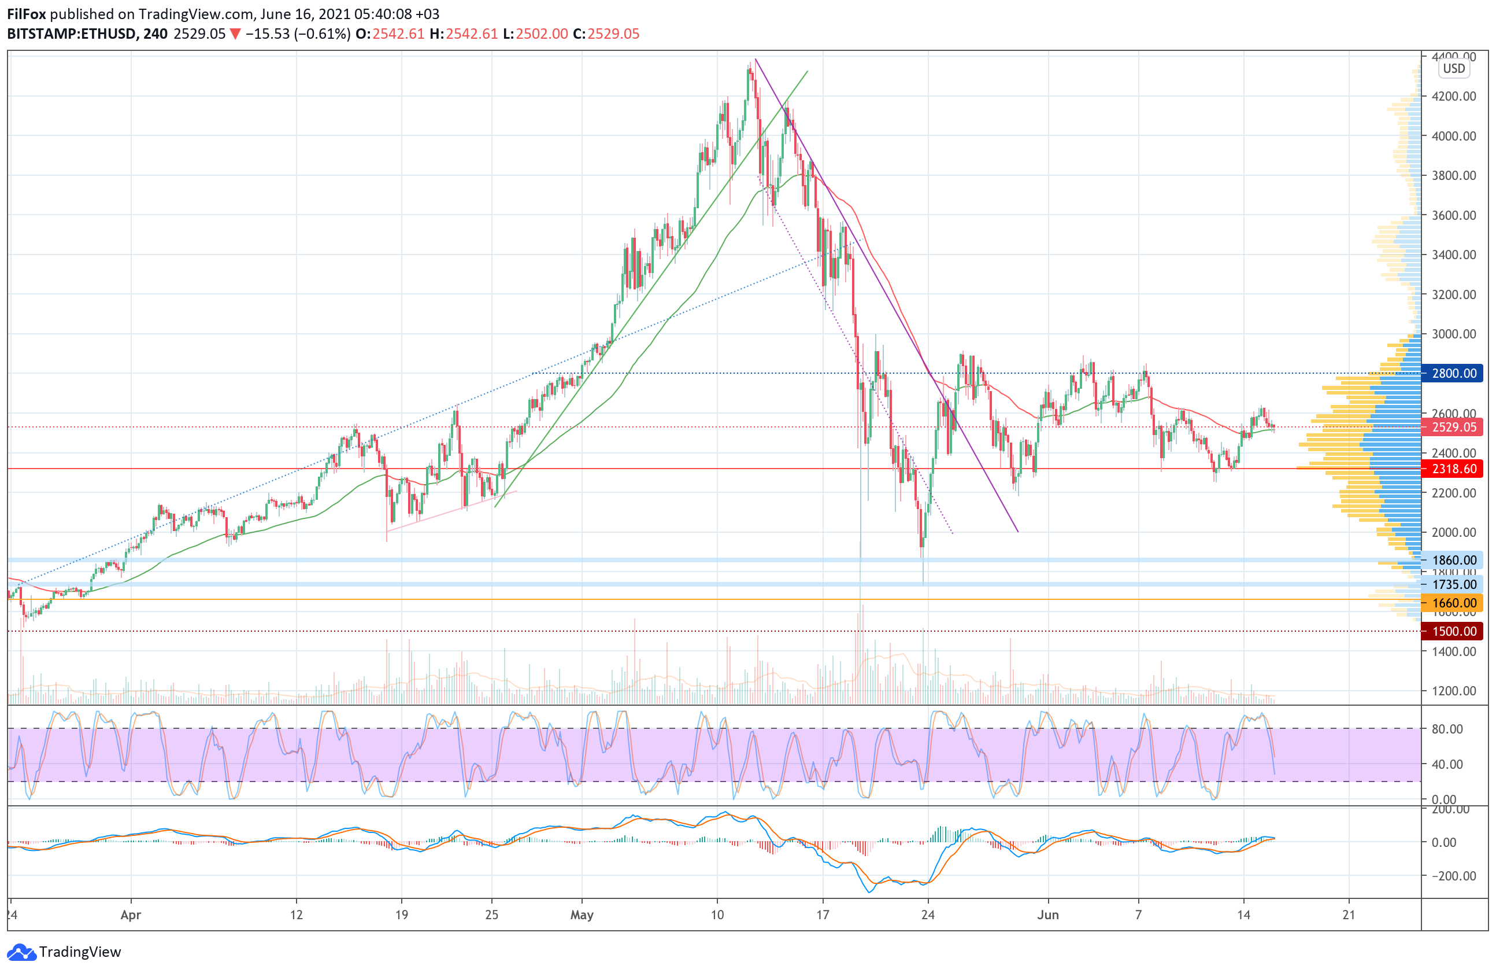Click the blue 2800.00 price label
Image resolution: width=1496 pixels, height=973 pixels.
[x=1453, y=373]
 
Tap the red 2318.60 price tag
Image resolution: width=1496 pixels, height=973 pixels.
[x=1453, y=469]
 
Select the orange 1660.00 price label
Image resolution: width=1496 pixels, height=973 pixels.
[x=1453, y=603]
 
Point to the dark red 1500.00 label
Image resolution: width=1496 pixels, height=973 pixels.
[x=1453, y=631]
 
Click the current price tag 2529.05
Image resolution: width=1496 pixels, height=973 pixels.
[x=1453, y=427]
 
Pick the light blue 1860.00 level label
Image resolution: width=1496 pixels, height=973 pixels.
[x=1453, y=560]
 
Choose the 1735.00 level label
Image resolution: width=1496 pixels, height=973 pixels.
[x=1453, y=584]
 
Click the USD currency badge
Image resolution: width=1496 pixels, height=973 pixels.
[x=1454, y=69]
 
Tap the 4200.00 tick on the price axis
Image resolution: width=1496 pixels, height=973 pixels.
[x=1454, y=96]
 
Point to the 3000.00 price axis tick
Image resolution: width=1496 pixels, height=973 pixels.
[x=1454, y=334]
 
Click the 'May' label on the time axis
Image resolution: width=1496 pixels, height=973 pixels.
[x=582, y=915]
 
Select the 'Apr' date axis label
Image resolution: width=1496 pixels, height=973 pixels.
[x=131, y=915]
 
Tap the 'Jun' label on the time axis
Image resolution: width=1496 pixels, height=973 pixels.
[x=1048, y=915]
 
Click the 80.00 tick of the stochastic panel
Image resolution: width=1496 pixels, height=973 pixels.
[x=1447, y=729]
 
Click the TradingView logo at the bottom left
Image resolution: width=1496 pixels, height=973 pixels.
[x=64, y=952]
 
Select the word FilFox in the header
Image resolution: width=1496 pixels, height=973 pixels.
[x=27, y=14]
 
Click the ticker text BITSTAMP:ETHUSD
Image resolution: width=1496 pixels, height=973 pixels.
[x=71, y=34]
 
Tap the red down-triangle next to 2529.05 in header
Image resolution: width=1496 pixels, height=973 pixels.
[x=235, y=34]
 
